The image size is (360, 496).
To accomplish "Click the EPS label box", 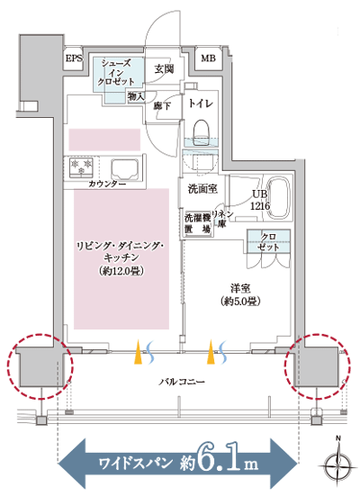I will coord(74,59).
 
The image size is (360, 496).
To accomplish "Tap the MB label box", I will coord(208,59).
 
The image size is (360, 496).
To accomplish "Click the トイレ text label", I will coord(200,104).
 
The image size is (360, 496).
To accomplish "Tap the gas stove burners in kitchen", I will coord(81,167).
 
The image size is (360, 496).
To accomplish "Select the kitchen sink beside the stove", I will coord(122,167).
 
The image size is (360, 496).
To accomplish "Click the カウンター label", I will coord(106,183).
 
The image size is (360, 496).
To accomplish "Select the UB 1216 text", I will coord(259,200).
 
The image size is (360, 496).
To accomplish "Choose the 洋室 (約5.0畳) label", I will coord(238,294).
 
